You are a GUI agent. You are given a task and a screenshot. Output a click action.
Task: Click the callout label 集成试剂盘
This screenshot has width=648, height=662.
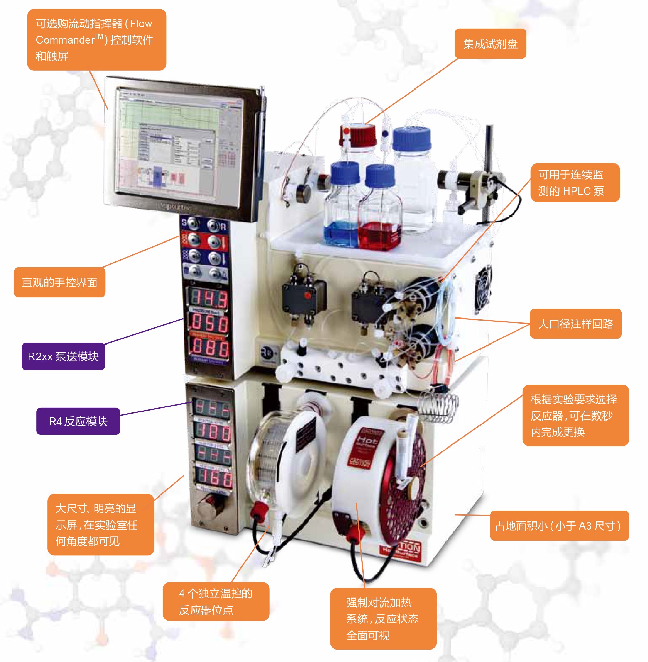click(490, 44)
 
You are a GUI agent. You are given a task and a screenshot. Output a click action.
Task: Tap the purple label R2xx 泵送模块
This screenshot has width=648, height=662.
click(63, 356)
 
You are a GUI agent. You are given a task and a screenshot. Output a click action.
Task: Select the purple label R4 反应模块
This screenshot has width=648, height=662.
click(78, 422)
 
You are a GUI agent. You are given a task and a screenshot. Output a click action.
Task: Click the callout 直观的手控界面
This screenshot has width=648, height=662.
click(59, 282)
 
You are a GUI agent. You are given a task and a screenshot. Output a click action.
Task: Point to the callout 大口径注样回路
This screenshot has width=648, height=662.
click(575, 324)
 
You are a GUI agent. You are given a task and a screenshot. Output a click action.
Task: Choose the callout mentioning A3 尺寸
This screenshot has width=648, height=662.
click(559, 526)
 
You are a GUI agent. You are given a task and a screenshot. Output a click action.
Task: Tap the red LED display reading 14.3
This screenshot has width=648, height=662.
click(209, 299)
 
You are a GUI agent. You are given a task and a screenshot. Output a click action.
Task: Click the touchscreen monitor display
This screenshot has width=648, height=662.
click(180, 146)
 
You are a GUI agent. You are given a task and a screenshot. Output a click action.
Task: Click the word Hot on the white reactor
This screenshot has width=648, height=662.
click(366, 441)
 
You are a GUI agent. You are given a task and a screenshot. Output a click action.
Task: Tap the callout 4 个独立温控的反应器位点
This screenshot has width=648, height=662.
click(216, 602)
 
